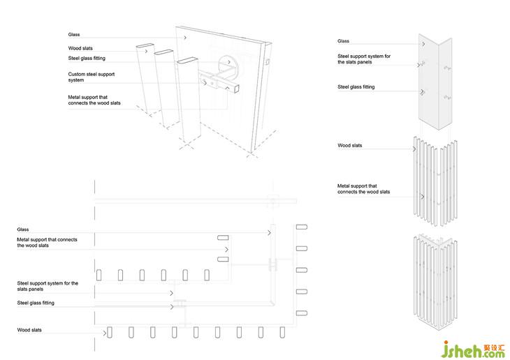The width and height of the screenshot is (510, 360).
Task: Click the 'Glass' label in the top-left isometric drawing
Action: (x=73, y=34)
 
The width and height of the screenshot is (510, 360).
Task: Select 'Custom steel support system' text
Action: (x=91, y=77)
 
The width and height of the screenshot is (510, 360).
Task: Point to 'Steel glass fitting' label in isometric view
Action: (x=87, y=58)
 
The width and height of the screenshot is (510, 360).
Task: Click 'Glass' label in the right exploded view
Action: (x=343, y=41)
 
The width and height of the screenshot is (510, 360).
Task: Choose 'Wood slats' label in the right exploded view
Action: (x=349, y=146)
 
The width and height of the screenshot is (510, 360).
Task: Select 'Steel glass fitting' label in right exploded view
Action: (x=356, y=87)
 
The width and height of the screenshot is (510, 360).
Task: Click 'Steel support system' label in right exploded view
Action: (x=363, y=58)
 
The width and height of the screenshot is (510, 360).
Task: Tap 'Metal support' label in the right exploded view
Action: (x=363, y=188)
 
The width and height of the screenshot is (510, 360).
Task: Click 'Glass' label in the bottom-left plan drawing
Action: (x=23, y=230)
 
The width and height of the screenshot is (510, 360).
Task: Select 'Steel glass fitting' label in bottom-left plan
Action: (x=36, y=303)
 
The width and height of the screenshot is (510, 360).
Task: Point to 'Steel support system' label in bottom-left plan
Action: (x=48, y=285)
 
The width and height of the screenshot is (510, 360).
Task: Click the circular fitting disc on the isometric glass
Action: (x=228, y=67)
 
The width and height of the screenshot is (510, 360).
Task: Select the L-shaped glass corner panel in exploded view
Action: (x=436, y=80)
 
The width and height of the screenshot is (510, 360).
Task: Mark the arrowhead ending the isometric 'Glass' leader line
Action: (x=185, y=36)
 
